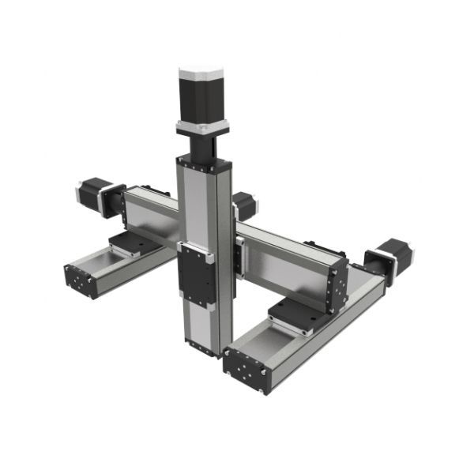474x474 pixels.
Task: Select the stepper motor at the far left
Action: click(x=95, y=195)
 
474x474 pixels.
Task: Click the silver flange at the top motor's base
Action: click(x=202, y=126)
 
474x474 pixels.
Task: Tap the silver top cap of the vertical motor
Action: click(x=202, y=73)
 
